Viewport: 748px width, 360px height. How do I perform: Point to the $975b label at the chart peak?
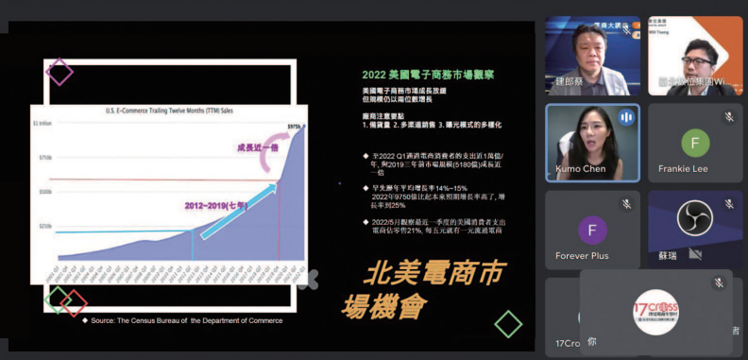pyautogui.click(x=293, y=125)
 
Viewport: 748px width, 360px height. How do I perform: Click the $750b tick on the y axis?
pyautogui.click(x=42, y=157)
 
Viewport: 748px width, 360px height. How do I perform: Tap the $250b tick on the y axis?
pyautogui.click(x=42, y=227)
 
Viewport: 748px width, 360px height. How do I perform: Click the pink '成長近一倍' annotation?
pyautogui.click(x=250, y=146)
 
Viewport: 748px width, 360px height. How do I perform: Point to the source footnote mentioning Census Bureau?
pyautogui.click(x=186, y=320)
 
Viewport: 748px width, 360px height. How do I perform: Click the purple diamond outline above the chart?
pyautogui.click(x=59, y=72)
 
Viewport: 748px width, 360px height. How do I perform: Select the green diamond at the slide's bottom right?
pyautogui.click(x=508, y=324)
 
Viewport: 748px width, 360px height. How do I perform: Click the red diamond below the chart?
pyautogui.click(x=74, y=303)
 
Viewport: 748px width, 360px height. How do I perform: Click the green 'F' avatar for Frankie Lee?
pyautogui.click(x=694, y=145)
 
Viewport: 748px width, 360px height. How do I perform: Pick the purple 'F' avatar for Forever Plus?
pyautogui.click(x=592, y=230)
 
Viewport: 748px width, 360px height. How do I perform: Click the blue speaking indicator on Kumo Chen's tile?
pyautogui.click(x=625, y=116)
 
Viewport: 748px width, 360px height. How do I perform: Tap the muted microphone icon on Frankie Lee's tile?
pyautogui.click(x=728, y=116)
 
